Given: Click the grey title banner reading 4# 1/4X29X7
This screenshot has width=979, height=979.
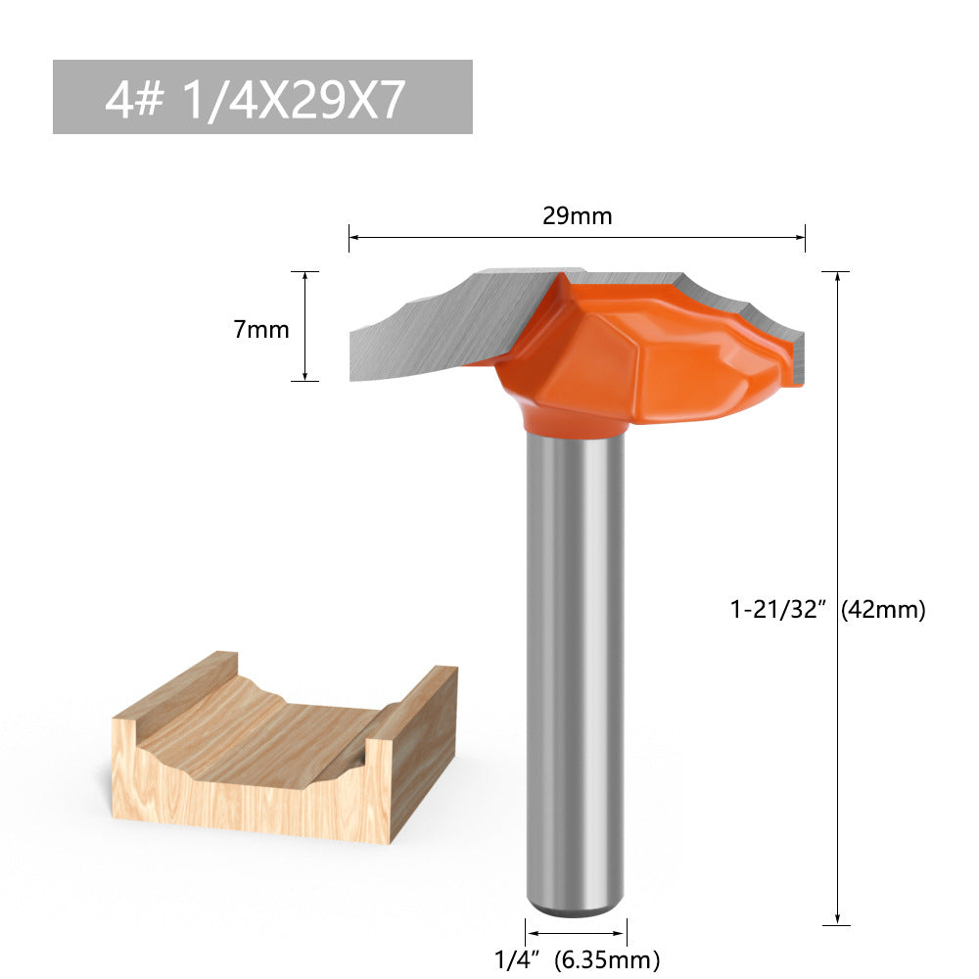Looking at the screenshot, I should [x=262, y=97].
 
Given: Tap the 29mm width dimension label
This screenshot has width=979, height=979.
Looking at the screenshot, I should [x=577, y=216].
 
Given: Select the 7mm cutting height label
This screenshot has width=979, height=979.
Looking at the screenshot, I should [x=261, y=330].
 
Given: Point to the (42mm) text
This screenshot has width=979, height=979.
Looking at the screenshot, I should [x=883, y=610].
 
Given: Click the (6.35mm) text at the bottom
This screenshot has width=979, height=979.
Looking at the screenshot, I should [x=607, y=958].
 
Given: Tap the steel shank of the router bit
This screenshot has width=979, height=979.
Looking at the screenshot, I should [x=575, y=666].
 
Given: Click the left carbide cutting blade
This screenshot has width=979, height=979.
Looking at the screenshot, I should [x=431, y=328].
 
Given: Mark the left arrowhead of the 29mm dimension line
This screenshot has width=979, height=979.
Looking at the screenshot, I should [x=353, y=237].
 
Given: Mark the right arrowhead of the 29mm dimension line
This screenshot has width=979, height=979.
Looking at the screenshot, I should [x=801, y=237].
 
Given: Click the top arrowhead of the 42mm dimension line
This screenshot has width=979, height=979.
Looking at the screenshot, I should [x=837, y=277].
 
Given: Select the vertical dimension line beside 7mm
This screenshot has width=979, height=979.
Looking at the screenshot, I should [x=305, y=326].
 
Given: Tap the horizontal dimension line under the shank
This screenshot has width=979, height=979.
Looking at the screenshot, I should [x=576, y=933].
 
